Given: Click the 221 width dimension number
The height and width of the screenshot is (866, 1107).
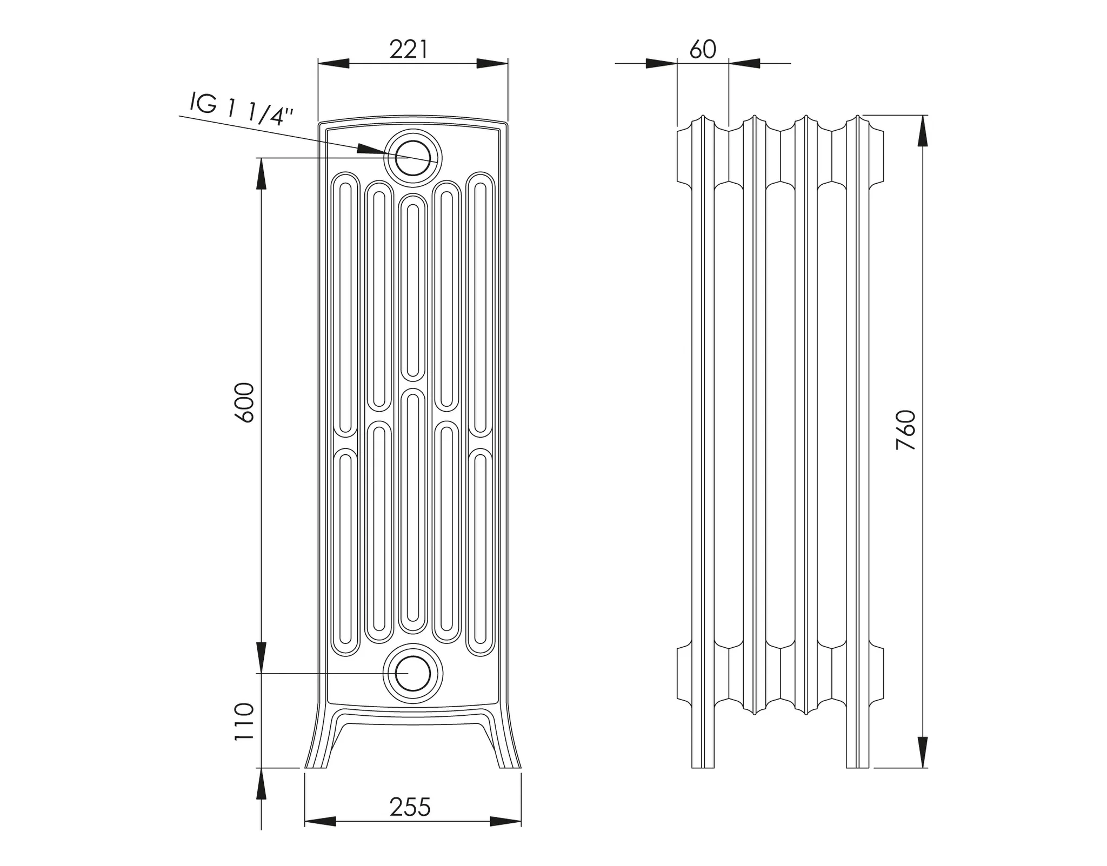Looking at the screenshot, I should [408, 50].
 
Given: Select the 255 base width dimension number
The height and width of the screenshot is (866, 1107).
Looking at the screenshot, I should [410, 808].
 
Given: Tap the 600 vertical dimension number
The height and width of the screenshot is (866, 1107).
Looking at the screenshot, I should [245, 402].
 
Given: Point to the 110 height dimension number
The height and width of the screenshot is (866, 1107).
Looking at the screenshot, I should [245, 722].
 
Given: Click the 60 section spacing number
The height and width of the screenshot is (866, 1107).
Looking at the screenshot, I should [703, 50].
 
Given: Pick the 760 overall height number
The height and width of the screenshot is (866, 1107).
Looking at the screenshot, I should [906, 431].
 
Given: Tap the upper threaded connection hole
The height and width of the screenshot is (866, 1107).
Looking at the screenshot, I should [413, 158].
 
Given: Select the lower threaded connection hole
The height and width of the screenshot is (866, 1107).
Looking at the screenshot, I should [413, 674].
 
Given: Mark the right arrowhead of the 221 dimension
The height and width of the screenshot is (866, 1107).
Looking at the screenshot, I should [492, 64].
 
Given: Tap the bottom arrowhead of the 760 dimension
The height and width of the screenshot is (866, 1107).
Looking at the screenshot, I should [923, 752].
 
